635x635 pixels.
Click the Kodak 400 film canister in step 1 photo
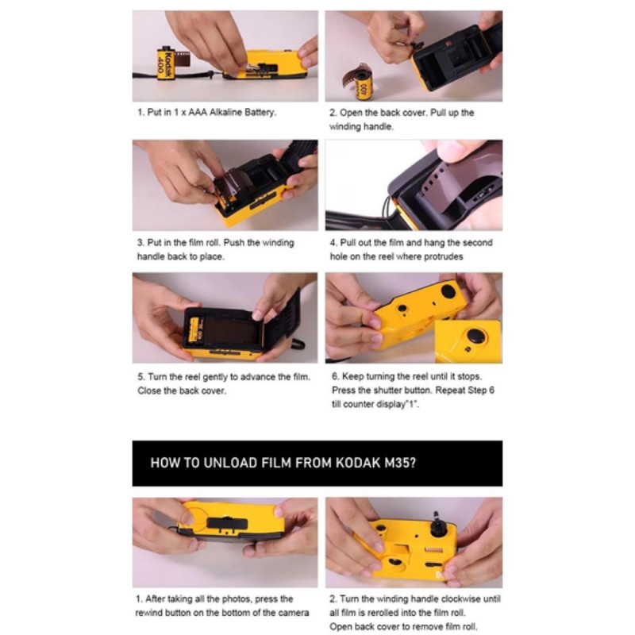pos(167,63)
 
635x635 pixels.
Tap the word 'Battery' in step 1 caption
pos(260,112)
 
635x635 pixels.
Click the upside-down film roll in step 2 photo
pos(362,84)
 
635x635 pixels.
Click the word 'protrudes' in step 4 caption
pos(443,256)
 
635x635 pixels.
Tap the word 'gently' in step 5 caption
pos(215,377)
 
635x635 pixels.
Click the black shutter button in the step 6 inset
pos(475,336)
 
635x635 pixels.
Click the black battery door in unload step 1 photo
pos(227,524)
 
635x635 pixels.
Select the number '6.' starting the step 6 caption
pos(335,376)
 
